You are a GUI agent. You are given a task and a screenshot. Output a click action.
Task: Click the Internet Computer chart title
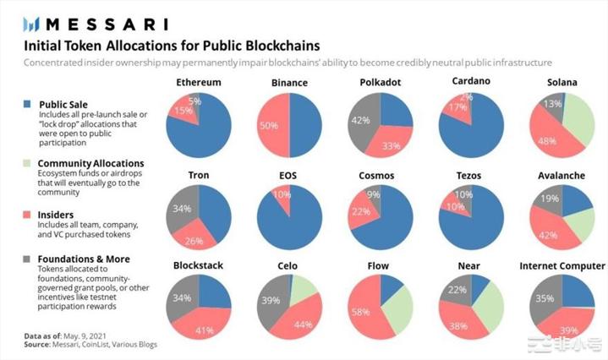click(561, 265)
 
